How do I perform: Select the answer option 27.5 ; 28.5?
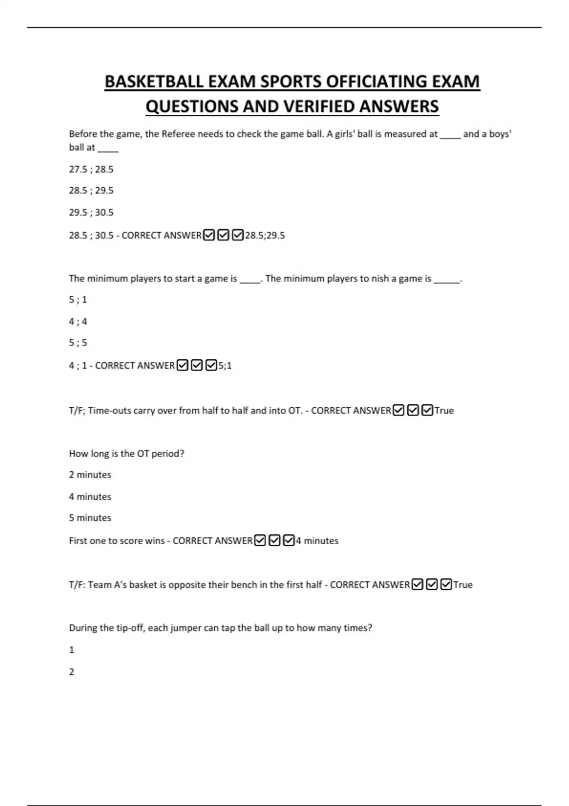click(x=91, y=169)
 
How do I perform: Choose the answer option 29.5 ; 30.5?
click(x=91, y=212)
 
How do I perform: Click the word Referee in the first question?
click(x=178, y=134)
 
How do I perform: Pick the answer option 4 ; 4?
click(x=78, y=321)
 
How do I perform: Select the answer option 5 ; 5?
click(x=78, y=343)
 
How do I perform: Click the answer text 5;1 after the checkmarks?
click(x=225, y=366)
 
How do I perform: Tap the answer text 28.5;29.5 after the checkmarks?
click(x=265, y=236)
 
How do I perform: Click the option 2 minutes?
click(x=90, y=475)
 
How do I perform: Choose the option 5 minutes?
click(x=90, y=518)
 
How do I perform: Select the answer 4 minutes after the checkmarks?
click(x=317, y=541)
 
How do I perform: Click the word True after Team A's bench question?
click(x=463, y=585)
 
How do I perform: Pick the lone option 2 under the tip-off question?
click(x=72, y=672)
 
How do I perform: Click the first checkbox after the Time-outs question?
click(x=399, y=410)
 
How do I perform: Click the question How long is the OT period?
click(x=127, y=454)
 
